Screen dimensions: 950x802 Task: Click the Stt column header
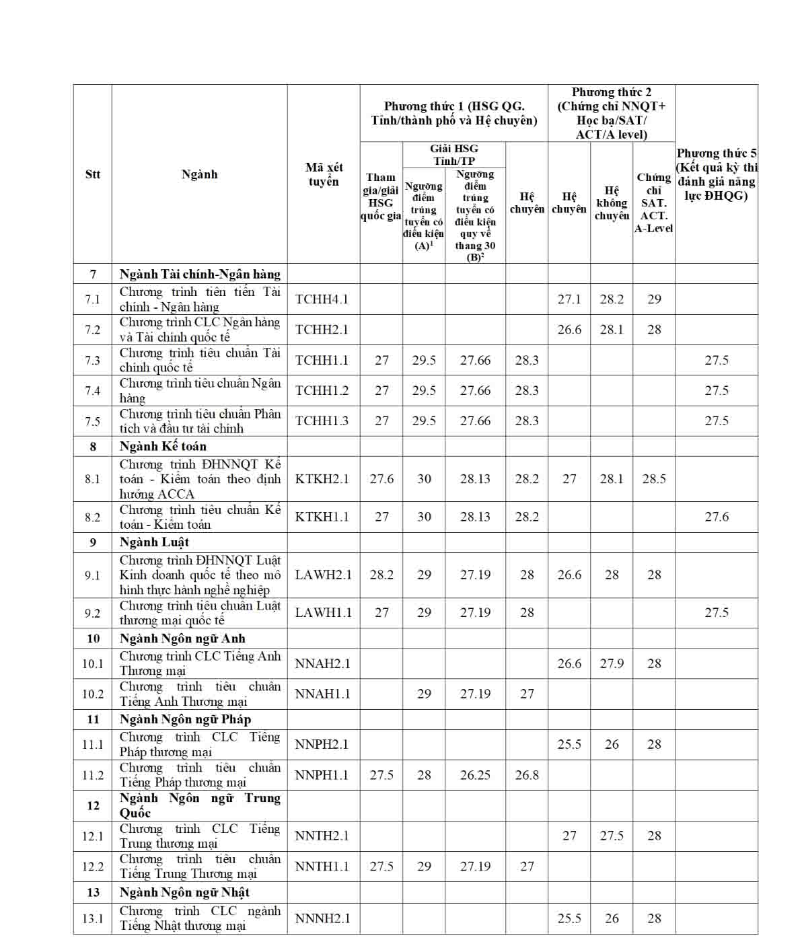coord(93,174)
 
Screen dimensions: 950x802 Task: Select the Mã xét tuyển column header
coord(324,174)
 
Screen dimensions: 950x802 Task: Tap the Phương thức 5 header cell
coord(717,174)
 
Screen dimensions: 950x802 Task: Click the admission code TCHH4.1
coord(322,299)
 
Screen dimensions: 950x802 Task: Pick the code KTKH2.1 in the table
coord(322,479)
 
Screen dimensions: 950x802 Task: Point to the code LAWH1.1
coord(322,613)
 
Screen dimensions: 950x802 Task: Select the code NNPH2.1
coord(322,745)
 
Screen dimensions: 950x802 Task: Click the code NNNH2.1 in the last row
coord(322,918)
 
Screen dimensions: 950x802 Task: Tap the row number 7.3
coord(93,361)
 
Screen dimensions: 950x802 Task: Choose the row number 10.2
coord(93,694)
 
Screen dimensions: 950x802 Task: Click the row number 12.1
coord(93,836)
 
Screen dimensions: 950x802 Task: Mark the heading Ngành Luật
coord(154,542)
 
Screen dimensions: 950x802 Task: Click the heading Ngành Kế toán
coord(163,447)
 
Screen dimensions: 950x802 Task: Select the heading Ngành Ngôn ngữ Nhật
coord(184,893)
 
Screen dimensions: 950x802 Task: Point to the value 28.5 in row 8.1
coord(654,479)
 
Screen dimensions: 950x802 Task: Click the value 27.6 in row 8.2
coord(717,517)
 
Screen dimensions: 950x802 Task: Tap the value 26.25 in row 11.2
coord(475,775)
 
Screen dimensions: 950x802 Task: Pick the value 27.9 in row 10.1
coord(612,664)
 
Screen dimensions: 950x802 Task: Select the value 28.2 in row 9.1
coord(381,575)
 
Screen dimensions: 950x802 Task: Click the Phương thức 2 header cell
coord(612,113)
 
